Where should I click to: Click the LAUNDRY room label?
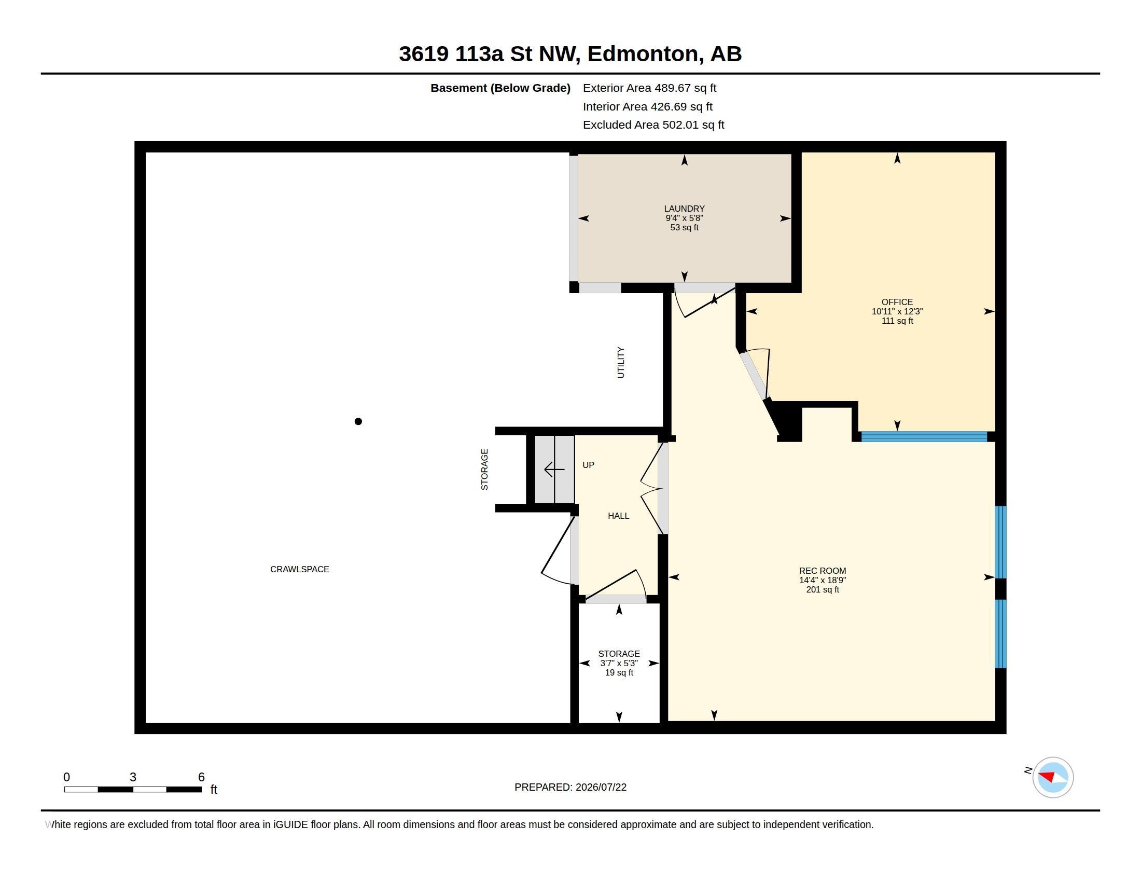[x=685, y=209]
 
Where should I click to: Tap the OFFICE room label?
[x=897, y=302]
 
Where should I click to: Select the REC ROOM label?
[x=823, y=571]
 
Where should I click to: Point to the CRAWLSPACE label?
[x=299, y=569]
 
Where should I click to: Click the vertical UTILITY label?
[x=621, y=362]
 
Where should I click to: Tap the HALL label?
[x=619, y=516]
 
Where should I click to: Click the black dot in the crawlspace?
[x=358, y=421]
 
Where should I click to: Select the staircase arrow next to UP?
[x=554, y=469]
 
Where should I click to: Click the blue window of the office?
[x=924, y=436]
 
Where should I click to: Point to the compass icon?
[x=1053, y=777]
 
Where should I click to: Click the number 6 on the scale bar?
[x=201, y=777]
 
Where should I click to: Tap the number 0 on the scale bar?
[x=66, y=777]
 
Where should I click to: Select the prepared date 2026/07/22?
[x=601, y=787]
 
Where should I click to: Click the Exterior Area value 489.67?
[x=672, y=88]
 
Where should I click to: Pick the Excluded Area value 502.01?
[x=680, y=125]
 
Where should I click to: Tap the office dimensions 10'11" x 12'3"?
[x=897, y=311]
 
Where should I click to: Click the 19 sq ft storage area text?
[x=619, y=672]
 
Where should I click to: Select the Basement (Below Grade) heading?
[x=500, y=88]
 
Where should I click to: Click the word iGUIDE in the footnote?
[x=290, y=824]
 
